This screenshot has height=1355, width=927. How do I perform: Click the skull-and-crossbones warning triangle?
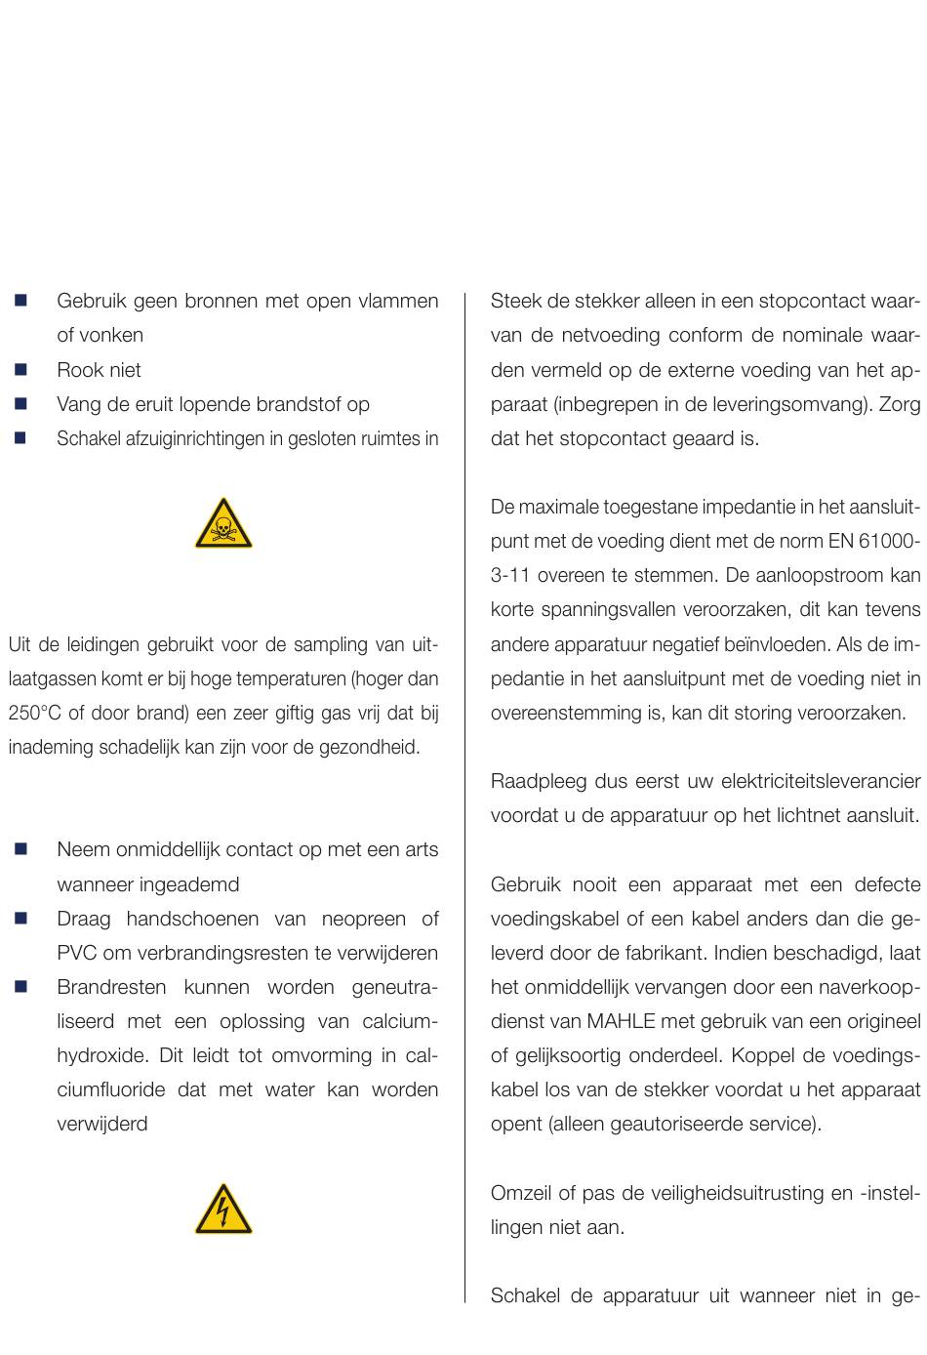[x=223, y=524]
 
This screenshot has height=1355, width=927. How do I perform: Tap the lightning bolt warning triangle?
[x=223, y=1211]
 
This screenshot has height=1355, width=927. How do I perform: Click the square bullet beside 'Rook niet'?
[x=20, y=370]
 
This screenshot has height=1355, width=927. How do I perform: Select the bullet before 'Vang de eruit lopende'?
[x=20, y=404]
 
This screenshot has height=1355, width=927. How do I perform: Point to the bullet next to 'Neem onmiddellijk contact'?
[x=20, y=849]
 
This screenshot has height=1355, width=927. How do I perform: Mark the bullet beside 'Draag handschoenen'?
[x=20, y=919]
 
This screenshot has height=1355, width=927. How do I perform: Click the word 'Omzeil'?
[x=520, y=1193]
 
